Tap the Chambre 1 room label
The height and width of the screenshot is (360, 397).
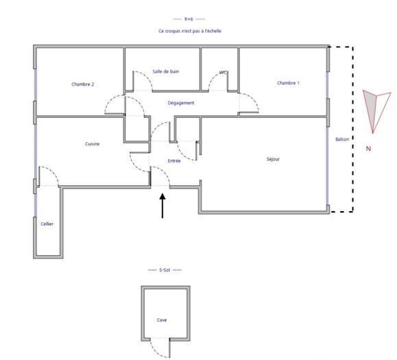[288, 83]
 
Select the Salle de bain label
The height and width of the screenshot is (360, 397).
[165, 71]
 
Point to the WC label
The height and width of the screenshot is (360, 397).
[224, 72]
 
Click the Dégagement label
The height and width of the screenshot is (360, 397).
[181, 103]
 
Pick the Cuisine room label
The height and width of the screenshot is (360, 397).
[93, 144]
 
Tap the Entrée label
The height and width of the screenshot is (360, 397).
[174, 161]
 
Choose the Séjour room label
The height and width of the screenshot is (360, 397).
[273, 159]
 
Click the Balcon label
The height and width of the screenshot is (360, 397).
[342, 139]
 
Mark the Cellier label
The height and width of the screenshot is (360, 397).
[47, 224]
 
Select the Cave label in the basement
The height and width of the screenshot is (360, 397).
[162, 320]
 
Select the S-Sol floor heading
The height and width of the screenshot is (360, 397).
[165, 270]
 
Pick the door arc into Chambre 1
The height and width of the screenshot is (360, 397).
[248, 103]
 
